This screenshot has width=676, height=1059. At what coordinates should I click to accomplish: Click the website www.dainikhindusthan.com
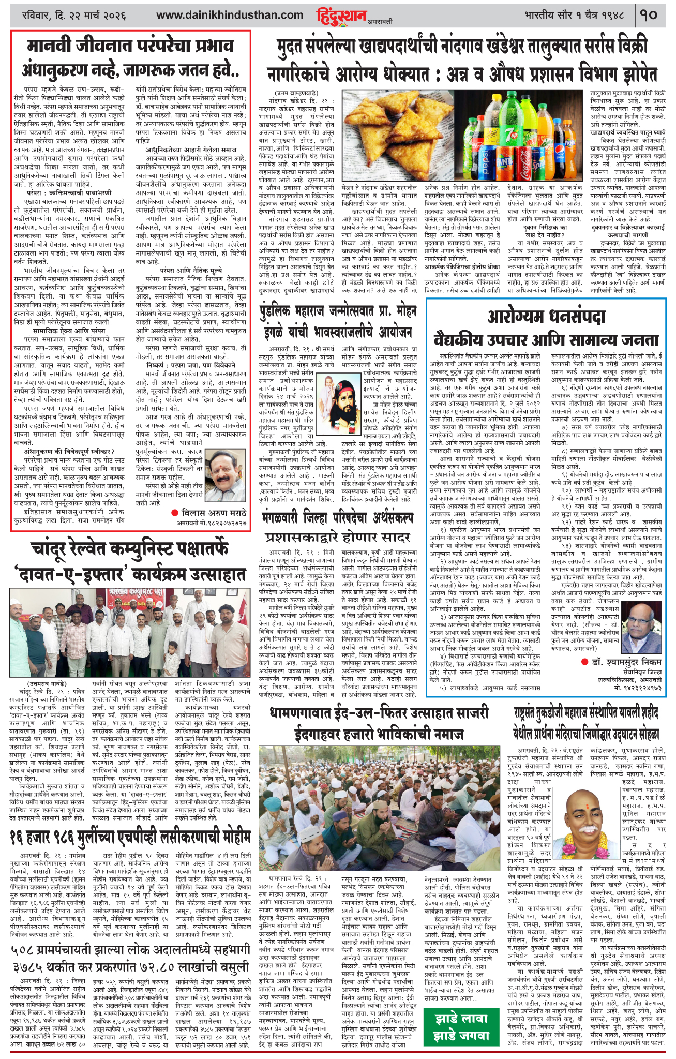230,15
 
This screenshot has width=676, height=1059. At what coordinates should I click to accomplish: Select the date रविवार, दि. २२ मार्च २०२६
74,15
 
